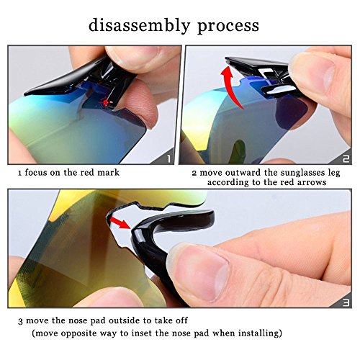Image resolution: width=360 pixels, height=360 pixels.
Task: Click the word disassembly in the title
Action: pyautogui.click(x=140, y=25)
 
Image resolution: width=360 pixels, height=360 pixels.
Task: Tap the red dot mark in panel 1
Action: pyautogui.click(x=106, y=102)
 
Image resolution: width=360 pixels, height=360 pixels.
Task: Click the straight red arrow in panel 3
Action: pyautogui.click(x=120, y=222)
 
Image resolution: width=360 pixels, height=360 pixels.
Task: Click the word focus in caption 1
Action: pyautogui.click(x=36, y=172)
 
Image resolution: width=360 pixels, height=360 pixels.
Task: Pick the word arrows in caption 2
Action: pyautogui.click(x=312, y=182)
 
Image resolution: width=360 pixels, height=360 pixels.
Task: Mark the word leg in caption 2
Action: pyautogui.click(x=334, y=174)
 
